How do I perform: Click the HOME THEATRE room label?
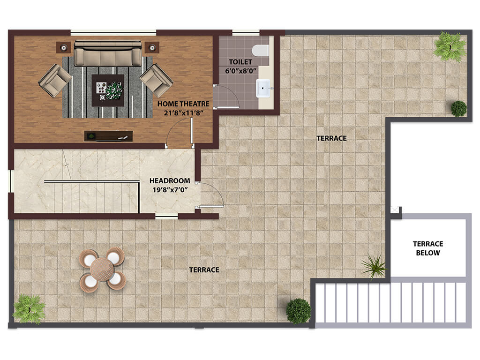point(183,104)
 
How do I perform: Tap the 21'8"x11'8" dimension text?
point(184,113)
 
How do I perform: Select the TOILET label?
point(240,62)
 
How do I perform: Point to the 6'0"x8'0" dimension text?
point(240,71)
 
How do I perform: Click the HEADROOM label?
point(170,181)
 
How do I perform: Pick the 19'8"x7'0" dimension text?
point(170,190)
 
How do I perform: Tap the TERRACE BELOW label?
point(428,248)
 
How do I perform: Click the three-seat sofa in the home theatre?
point(108,53)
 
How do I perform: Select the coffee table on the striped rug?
point(108,90)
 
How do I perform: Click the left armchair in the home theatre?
point(55,80)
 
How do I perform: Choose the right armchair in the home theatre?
point(157,80)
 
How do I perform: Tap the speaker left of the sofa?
point(64,47)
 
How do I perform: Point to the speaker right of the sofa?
point(152,47)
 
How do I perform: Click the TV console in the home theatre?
point(109,136)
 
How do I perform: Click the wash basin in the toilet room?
point(263,88)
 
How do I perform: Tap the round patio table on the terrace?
point(102,270)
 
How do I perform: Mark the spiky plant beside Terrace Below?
point(374,266)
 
